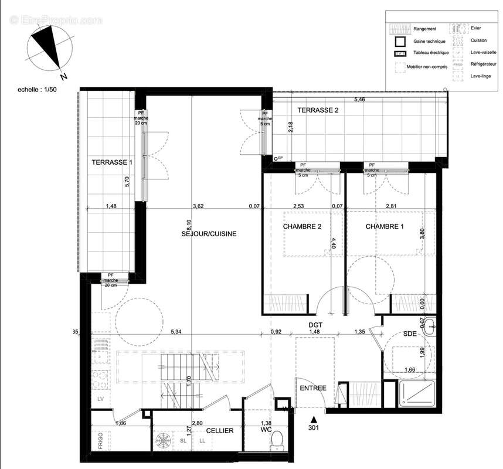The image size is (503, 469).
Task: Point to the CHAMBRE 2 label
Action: click(x=302, y=226)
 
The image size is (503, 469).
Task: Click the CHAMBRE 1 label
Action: click(x=385, y=226)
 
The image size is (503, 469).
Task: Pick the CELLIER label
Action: click(x=219, y=431)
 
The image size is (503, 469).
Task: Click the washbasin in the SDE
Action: click(x=430, y=325)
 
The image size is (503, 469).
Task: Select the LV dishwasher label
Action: click(x=101, y=399)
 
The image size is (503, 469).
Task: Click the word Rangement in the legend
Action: click(x=424, y=29)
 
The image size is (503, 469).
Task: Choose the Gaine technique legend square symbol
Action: click(x=400, y=42)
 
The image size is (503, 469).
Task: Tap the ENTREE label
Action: click(x=312, y=388)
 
